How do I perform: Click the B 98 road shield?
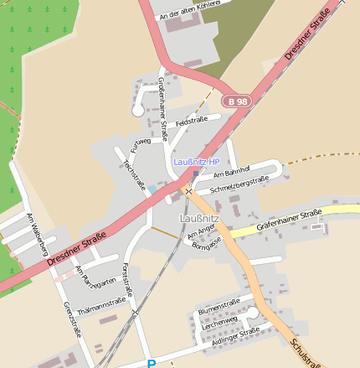click(x=237, y=101)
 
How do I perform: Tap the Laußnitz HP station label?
click(x=196, y=161)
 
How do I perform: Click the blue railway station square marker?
click(x=196, y=174)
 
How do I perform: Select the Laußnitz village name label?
click(x=199, y=218)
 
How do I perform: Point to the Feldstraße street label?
click(x=192, y=121)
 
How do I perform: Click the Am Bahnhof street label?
click(x=232, y=174)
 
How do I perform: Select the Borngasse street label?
click(x=207, y=243)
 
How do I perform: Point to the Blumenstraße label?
click(x=219, y=305)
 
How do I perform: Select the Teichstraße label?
click(x=134, y=173)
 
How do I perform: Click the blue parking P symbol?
click(x=152, y=364)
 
